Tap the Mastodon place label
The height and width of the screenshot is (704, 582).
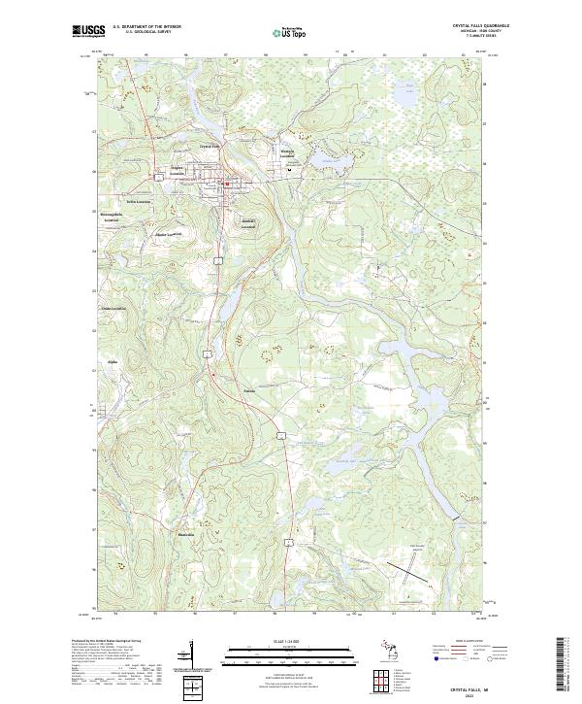[x=185, y=535]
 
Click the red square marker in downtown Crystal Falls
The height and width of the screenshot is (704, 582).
[x=227, y=184]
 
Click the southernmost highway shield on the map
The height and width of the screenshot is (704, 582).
[x=288, y=540]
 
